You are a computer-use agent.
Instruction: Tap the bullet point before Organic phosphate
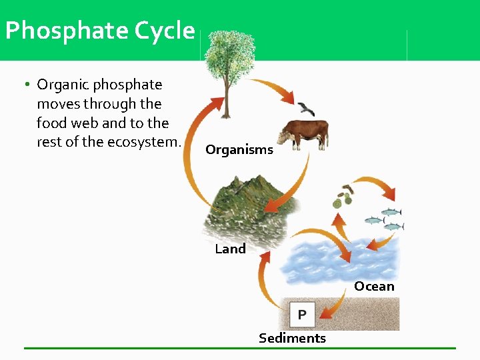(x=26, y=85)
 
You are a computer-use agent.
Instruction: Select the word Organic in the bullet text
(x=63, y=85)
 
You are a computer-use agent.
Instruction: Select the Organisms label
(x=239, y=150)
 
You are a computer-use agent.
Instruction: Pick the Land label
(x=230, y=249)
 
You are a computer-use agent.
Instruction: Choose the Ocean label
(x=374, y=287)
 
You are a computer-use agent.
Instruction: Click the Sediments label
(x=292, y=338)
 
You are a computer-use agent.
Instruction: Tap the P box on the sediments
(x=302, y=314)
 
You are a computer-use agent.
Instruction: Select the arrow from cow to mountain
(x=293, y=180)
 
